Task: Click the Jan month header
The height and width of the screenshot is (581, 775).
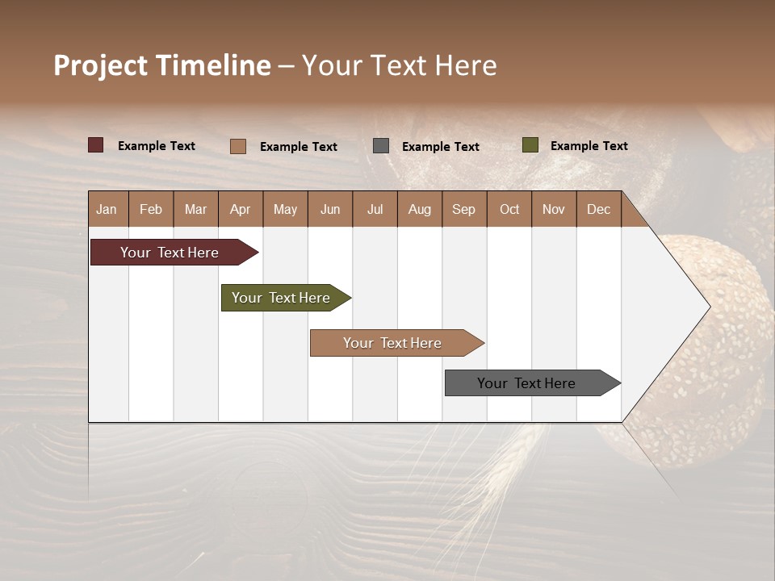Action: click(x=107, y=209)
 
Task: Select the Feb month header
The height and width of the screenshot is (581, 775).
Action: click(x=151, y=209)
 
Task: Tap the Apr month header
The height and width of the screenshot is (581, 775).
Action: click(x=240, y=209)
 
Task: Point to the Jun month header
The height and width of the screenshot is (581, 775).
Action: click(x=330, y=209)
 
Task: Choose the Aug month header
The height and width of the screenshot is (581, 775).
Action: click(x=419, y=209)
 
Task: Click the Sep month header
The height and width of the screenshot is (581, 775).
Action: click(x=463, y=209)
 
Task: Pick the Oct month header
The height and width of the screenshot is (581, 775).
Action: click(x=509, y=209)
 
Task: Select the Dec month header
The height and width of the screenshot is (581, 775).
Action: click(x=598, y=209)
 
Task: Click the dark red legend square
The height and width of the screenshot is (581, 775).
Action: click(x=96, y=145)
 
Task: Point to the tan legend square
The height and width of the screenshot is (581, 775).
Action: click(x=238, y=146)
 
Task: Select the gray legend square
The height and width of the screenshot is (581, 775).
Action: click(x=381, y=145)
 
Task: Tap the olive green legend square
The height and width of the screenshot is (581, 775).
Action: click(x=530, y=145)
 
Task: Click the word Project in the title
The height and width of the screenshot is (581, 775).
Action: click(x=100, y=65)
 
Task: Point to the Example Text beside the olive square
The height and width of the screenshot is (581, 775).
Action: click(x=589, y=146)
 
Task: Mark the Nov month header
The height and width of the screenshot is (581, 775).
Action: click(x=553, y=209)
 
